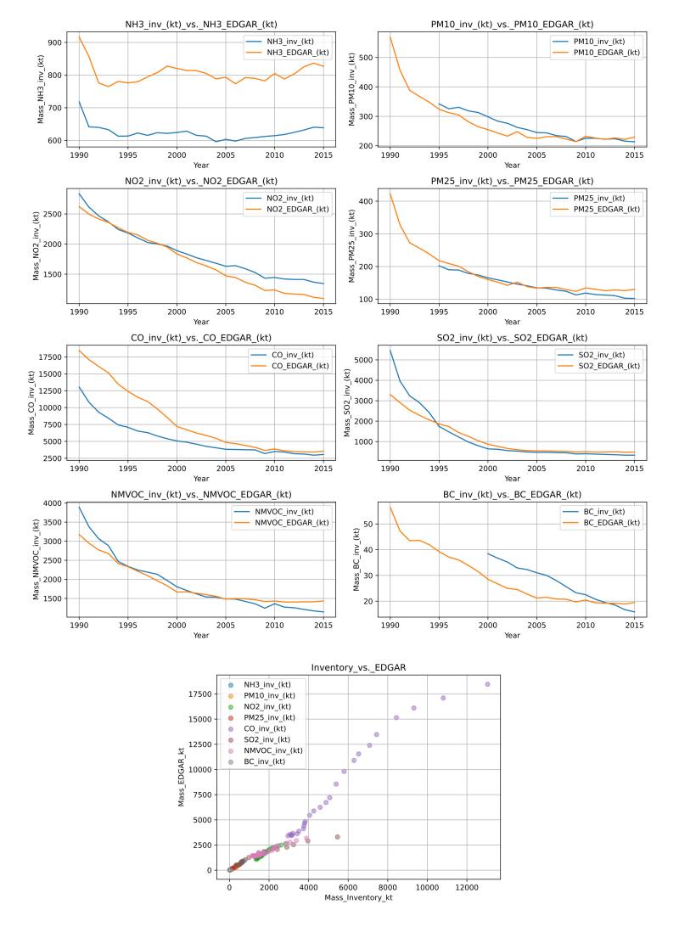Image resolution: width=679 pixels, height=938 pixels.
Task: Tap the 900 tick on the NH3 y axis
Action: click(61, 42)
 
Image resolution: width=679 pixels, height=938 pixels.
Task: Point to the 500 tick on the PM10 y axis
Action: click(370, 57)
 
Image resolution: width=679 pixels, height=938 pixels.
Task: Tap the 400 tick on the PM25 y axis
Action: click(370, 201)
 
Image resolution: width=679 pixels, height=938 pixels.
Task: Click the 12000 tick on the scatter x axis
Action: click(466, 886)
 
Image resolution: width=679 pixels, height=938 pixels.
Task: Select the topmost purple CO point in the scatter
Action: click(487, 684)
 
